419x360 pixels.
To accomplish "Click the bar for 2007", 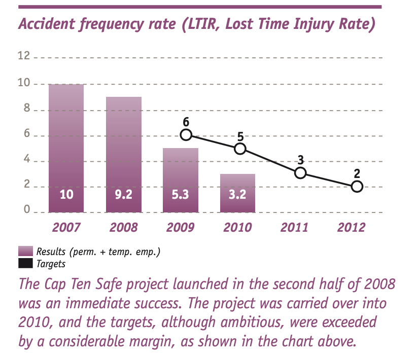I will coord(66,147).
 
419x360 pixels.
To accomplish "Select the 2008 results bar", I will coord(123,152).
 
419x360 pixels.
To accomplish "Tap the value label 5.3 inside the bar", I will coord(180,194).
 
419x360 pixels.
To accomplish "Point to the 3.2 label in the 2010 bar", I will coord(237,194).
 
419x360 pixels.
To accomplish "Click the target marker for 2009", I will coord(186,135).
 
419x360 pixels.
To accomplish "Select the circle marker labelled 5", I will coord(240,149).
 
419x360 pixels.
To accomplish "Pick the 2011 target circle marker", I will coord(300,173).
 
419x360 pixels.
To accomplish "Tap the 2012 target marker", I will coord(357,187).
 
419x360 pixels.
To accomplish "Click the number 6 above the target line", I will coord(186,122).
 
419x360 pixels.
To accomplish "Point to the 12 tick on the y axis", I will coord(24,56).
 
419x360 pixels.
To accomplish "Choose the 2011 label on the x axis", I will coord(294,227).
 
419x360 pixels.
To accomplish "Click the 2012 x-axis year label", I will coord(351,227).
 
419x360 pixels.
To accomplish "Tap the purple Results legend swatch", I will coord(25,251).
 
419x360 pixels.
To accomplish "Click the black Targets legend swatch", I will coord(25,263).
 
